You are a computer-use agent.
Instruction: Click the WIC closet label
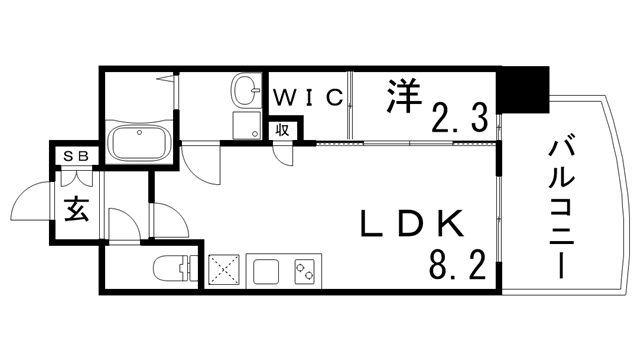pos(309,97)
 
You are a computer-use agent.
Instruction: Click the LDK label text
pos(408,221)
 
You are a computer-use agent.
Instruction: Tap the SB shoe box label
pos(75,156)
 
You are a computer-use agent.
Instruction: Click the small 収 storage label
pos(283,128)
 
